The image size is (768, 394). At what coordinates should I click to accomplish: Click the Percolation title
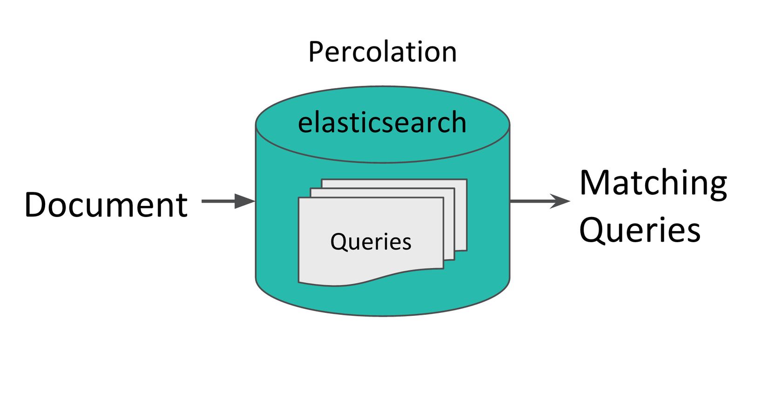click(382, 52)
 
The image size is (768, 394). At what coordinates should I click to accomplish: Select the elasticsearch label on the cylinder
click(382, 123)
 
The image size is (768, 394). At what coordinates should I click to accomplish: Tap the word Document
click(106, 205)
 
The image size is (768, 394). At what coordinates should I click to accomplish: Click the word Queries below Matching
click(640, 230)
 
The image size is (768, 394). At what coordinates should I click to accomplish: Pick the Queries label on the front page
click(371, 242)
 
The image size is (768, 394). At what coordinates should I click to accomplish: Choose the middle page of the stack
click(450, 224)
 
